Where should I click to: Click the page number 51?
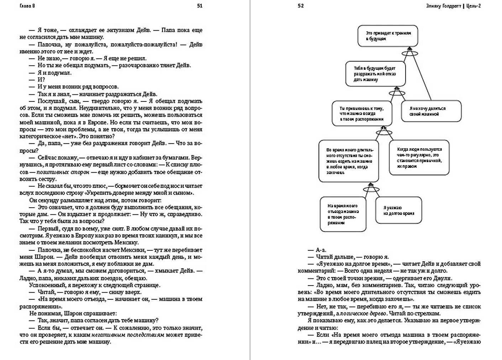tap(200, 6)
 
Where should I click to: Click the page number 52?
tap(301, 6)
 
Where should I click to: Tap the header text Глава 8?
tap(27, 6)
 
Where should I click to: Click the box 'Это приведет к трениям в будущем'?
tap(387, 36)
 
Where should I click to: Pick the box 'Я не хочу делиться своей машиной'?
tap(431, 111)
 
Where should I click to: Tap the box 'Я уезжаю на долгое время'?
tap(398, 210)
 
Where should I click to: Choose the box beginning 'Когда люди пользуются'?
tap(419, 157)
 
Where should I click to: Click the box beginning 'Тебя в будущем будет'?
tap(375, 74)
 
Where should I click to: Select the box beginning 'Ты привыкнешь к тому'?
tap(362, 114)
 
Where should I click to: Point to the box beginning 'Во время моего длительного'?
tap(349, 161)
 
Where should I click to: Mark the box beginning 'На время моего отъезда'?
tap(343, 214)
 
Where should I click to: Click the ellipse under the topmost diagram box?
tap(409, 53)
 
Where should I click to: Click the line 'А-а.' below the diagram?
tap(321, 250)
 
